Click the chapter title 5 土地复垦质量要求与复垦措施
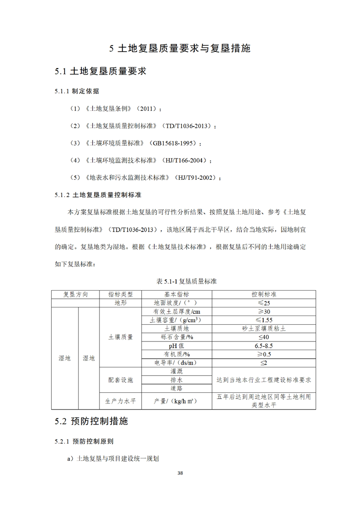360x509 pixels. tap(180, 49)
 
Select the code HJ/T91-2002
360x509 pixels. tap(194, 178)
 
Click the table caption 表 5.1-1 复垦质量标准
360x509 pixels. tap(180, 281)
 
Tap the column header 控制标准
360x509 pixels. tap(264, 294)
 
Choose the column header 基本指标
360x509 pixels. tap(177, 294)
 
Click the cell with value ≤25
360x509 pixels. tap(264, 303)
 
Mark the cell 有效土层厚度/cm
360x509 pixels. tap(177, 311)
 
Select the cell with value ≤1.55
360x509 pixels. tap(264, 320)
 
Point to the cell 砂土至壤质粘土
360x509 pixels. tap(264, 328)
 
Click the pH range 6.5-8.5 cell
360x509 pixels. tap(264, 346)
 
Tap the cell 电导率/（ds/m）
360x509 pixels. tap(177, 363)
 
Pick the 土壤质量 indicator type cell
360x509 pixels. tap(120, 337)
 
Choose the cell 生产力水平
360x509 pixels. tap(120, 401)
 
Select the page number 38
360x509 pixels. tap(180, 473)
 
